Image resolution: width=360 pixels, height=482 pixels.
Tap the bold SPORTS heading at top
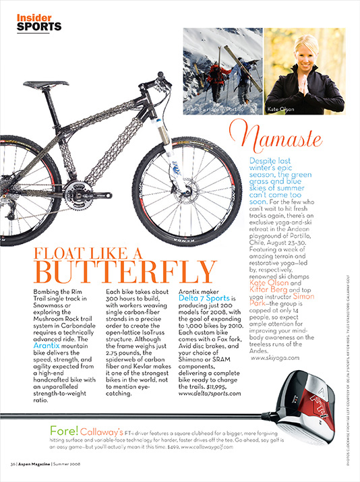(x=39, y=27)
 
